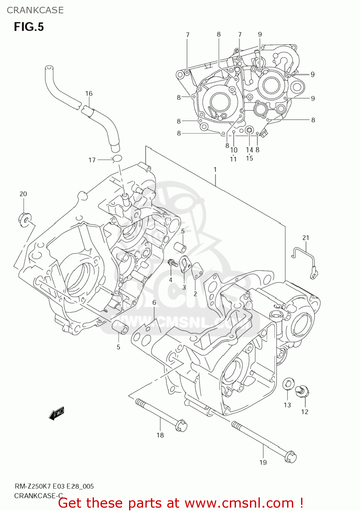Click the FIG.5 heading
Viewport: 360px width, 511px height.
pos(29,27)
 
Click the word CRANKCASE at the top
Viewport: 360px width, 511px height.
pos(35,10)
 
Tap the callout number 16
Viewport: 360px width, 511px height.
pos(89,93)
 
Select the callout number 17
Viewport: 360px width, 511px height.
pos(92,160)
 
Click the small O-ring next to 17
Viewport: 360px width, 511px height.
pos(116,158)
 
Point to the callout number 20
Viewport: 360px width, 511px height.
pos(23,194)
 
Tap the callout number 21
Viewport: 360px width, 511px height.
pos(306,238)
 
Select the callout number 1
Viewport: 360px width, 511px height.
pos(215,169)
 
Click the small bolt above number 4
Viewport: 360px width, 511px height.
pos(173,263)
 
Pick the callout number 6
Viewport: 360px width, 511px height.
pos(154,303)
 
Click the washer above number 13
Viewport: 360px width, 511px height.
pos(288,383)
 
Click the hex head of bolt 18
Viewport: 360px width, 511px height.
pos(181,426)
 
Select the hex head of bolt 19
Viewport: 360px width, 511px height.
pos(291,456)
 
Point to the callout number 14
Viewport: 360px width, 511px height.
pos(249,150)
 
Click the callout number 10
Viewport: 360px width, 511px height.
pos(234,150)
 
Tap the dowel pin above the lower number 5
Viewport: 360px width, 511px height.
pos(120,327)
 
